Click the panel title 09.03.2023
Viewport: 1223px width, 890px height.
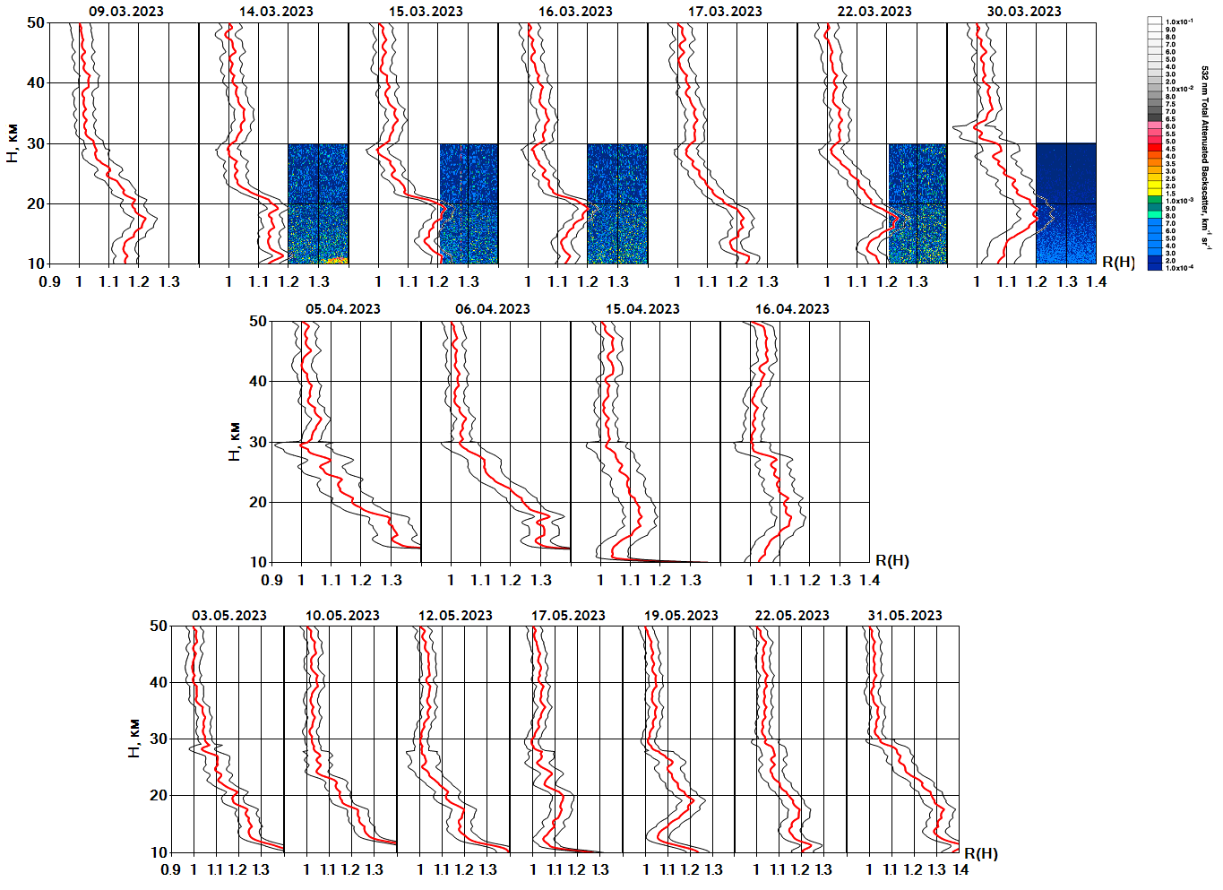(125, 12)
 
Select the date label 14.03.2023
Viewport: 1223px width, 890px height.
(276, 12)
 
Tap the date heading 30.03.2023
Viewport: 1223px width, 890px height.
(1023, 12)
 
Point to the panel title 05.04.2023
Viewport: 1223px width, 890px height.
(342, 309)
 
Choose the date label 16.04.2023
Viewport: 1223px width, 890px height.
(792, 309)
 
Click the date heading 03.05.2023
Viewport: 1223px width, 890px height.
(229, 616)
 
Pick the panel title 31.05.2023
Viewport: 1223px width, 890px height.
(905, 616)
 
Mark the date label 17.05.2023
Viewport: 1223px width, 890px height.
(568, 616)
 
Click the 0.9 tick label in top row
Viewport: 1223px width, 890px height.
(50, 281)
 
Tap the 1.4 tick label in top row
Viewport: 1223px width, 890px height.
(1097, 281)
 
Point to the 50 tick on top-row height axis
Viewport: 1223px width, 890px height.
(36, 22)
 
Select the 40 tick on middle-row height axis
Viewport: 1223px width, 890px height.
(258, 382)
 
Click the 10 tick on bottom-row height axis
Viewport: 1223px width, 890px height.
(159, 852)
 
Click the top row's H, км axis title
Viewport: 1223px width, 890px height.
(12, 143)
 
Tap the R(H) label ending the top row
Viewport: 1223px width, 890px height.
(1118, 263)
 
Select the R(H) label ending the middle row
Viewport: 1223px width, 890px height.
(891, 561)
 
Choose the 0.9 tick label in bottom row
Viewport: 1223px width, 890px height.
(170, 869)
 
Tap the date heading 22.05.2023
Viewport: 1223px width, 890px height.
(792, 616)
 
